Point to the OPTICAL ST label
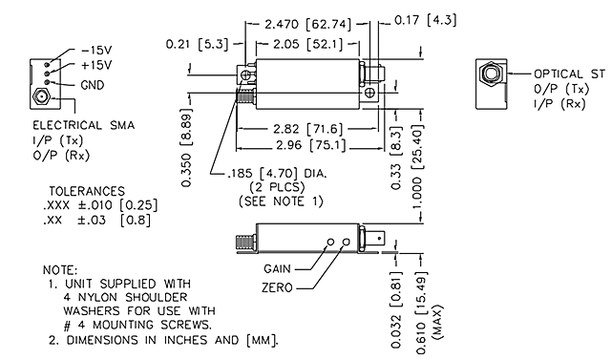coord(570,74)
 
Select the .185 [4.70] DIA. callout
coord(272,174)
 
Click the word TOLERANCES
coord(87,190)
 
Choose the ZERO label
coord(279,286)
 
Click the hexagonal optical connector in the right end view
coord(489,74)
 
